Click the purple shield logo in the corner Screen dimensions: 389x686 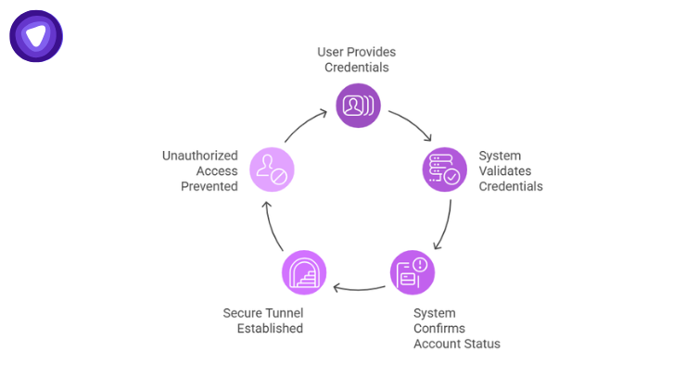pyautogui.click(x=36, y=36)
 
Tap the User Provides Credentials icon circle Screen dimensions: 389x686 pyautogui.click(x=358, y=105)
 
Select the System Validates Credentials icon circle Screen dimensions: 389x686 pyautogui.click(x=444, y=169)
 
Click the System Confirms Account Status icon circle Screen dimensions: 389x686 pyautogui.click(x=412, y=272)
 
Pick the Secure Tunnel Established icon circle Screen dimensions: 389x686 pyautogui.click(x=303, y=272)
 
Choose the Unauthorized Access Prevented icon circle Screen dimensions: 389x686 pyautogui.click(x=270, y=169)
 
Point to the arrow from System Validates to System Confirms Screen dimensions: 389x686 pyautogui.click(x=445, y=227)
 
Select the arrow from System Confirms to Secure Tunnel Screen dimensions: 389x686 pyautogui.click(x=358, y=288)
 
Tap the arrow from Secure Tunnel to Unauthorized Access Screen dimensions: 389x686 pyautogui.click(x=271, y=227)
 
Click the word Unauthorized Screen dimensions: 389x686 pyautogui.click(x=199, y=156)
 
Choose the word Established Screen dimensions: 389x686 pyautogui.click(x=271, y=328)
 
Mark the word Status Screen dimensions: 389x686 pyautogui.click(x=481, y=344)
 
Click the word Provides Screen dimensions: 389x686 pyautogui.click(x=372, y=51)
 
